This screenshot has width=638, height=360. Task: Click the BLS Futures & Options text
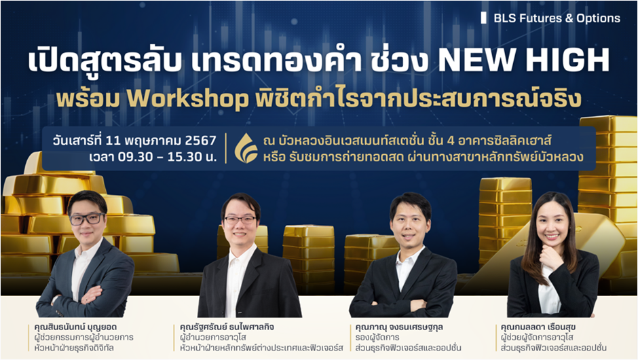[557, 18]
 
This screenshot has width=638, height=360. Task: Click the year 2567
[201, 141]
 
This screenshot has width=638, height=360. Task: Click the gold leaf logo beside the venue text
[246, 148]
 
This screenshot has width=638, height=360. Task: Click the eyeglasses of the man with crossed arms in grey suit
[88, 219]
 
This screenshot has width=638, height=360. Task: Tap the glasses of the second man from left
[240, 220]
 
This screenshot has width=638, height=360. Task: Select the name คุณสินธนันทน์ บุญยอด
[76, 327]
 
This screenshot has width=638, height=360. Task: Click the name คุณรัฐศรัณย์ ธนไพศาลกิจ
[227, 327]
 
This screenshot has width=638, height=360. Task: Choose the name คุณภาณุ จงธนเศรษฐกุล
[399, 327]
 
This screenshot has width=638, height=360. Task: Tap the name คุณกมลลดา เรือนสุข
[538, 327]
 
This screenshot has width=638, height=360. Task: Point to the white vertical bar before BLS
[484, 18]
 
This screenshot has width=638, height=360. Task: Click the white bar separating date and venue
[226, 148]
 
